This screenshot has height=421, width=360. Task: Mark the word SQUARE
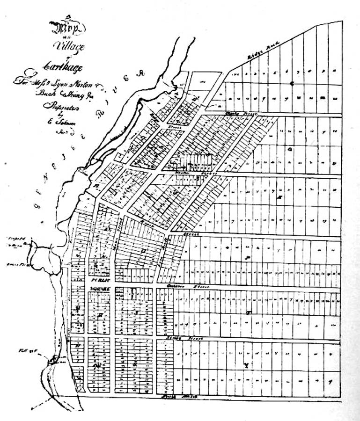[99, 289]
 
